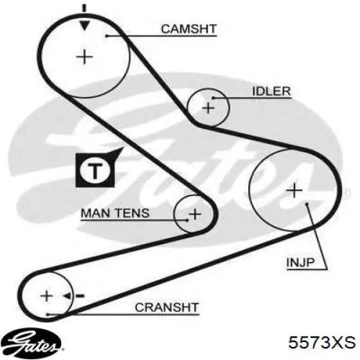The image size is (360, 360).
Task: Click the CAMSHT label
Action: coord(189,29)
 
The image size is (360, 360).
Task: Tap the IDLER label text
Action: coord(271,91)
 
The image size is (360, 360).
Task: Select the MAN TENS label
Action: coord(115,213)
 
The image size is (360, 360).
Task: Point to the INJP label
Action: coord(300,262)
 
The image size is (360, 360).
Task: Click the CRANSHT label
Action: coord(167,307)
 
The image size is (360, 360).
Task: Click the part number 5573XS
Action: coord(322,343)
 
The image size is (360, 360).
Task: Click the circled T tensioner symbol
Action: coord(95,171)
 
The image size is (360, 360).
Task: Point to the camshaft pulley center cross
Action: coord(84,57)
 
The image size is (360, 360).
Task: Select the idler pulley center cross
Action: coord(208,108)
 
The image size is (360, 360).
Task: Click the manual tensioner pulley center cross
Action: coord(195,214)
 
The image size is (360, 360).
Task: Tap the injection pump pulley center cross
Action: coord(294,191)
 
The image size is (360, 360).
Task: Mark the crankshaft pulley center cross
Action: coord(47,296)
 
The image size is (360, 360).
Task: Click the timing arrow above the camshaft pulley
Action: coord(84,18)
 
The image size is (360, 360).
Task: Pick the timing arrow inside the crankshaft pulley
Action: coord(73,296)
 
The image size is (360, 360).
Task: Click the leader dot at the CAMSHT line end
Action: coord(107,36)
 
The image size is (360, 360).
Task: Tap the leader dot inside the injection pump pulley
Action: coord(307,204)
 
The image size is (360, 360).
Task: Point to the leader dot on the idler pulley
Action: coord(212,98)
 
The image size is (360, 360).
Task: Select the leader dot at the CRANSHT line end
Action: coord(48,315)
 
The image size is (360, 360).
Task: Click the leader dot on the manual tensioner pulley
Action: coord(187,220)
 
